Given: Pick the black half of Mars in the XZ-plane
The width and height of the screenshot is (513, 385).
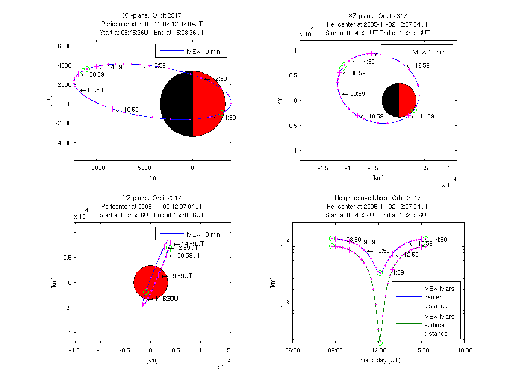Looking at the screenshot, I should coord(390,100).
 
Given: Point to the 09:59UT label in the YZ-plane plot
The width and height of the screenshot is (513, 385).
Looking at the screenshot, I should coord(180,276).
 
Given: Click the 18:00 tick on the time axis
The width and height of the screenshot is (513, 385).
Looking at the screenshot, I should coord(465,350).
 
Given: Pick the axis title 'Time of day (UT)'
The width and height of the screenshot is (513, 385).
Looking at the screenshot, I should coord(378,360).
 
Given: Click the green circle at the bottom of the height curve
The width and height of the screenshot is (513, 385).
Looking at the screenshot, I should coord(380,342).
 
